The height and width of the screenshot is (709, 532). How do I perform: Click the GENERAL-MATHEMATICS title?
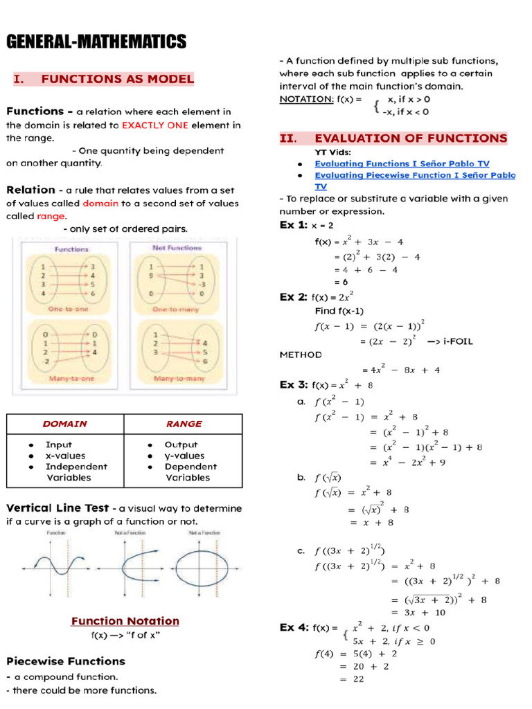[96, 42]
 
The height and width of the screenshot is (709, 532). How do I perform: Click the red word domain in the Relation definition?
[100, 204]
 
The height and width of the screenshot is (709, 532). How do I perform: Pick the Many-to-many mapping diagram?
[177, 352]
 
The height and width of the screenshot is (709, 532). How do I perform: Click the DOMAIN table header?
[65, 424]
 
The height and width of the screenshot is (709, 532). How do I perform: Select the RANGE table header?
[184, 424]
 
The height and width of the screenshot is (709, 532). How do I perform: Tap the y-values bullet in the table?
[184, 456]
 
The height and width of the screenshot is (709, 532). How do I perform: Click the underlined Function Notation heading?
[125, 621]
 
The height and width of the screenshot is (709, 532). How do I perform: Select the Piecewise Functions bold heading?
[66, 661]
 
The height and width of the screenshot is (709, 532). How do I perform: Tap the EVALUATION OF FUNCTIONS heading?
[411, 138]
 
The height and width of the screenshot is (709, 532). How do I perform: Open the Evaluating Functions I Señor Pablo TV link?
[402, 164]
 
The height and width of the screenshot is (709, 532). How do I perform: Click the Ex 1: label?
[293, 225]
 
